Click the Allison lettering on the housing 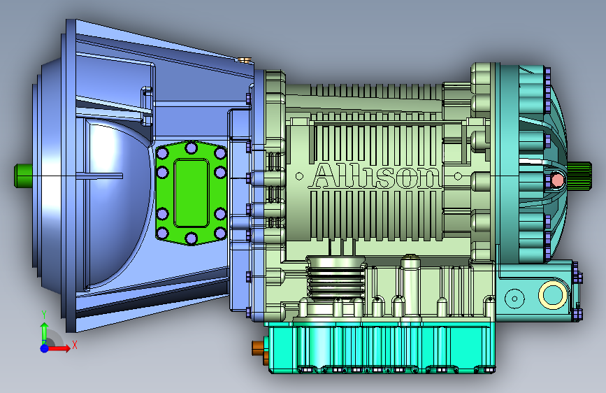click(375, 176)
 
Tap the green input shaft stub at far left click(23, 176)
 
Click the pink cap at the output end click(557, 180)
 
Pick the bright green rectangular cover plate click(192, 193)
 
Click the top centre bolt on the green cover click(192, 148)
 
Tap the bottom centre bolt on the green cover click(192, 238)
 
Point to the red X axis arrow click(59, 348)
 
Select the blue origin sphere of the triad click(45, 348)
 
